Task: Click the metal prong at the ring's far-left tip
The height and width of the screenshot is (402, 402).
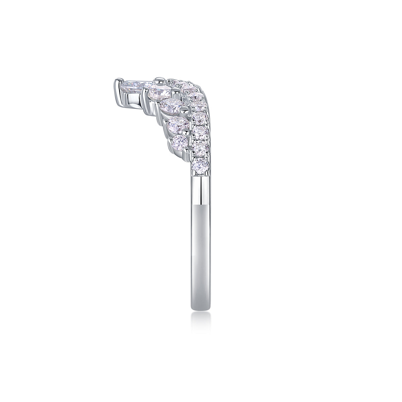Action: [x=118, y=84]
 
